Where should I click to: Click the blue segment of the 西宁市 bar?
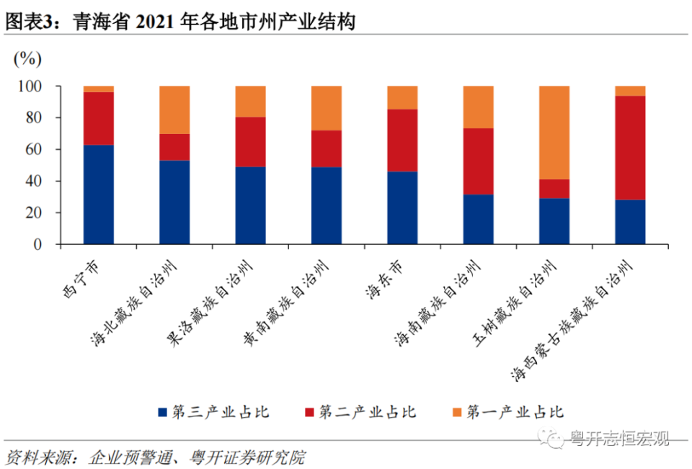pyautogui.click(x=98, y=195)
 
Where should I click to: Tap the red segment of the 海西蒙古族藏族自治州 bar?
pyautogui.click(x=630, y=147)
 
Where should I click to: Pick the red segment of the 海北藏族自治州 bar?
pyautogui.click(x=174, y=146)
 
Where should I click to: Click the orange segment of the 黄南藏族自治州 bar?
pyautogui.click(x=327, y=107)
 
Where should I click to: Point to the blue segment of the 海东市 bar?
pyautogui.click(x=402, y=207)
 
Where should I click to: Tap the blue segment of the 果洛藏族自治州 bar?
pyautogui.click(x=250, y=205)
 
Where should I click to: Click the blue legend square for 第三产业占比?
pyautogui.click(x=162, y=412)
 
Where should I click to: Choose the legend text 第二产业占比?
pyautogui.click(x=368, y=412)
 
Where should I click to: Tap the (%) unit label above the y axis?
pyautogui.click(x=27, y=58)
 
